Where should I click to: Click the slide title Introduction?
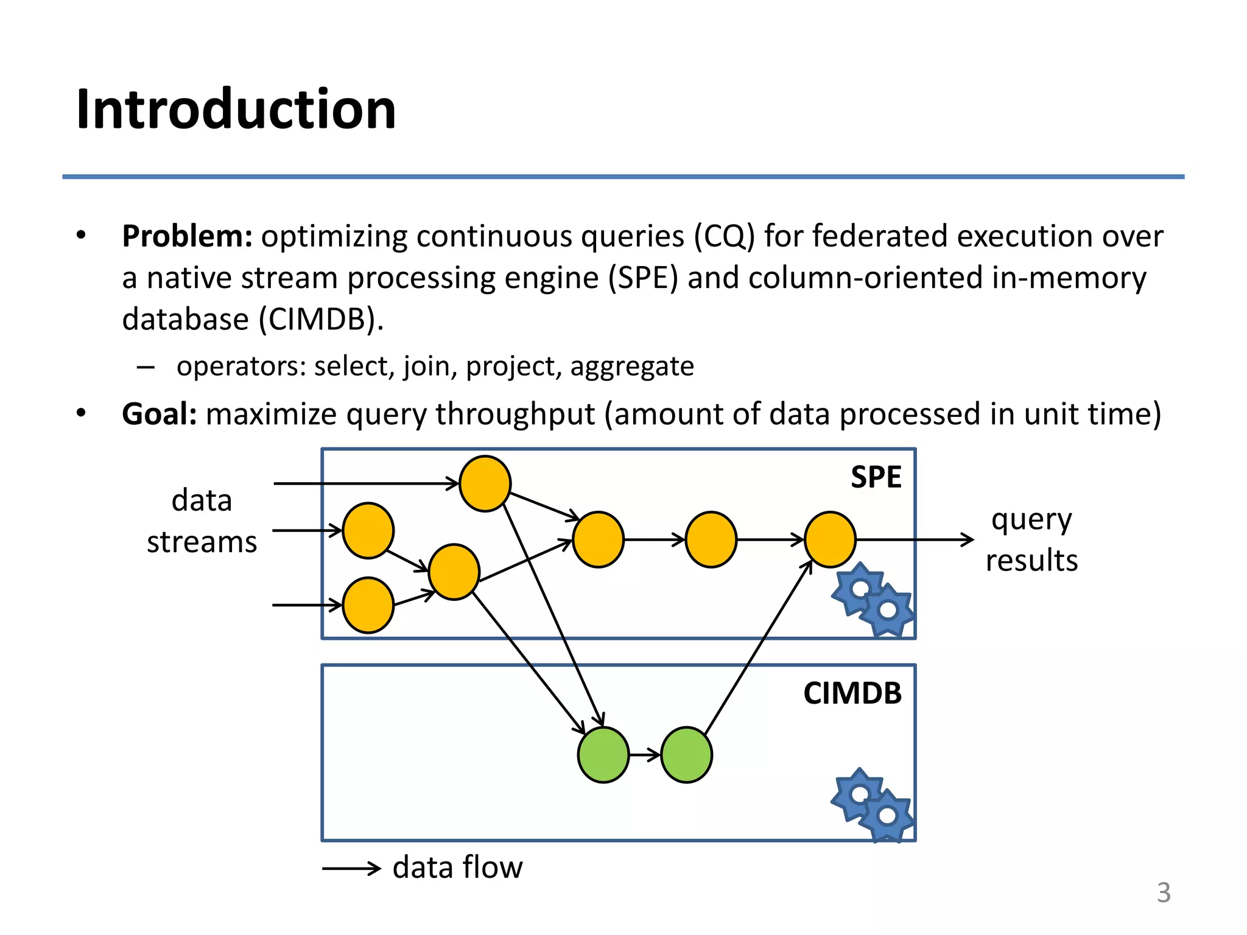click(236, 110)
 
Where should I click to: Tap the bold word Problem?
click(187, 237)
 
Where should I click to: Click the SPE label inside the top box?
click(876, 477)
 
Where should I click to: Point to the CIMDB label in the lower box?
click(852, 693)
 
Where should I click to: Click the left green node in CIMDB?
click(603, 755)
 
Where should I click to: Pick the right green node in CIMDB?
click(686, 755)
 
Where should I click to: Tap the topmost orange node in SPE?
click(485, 483)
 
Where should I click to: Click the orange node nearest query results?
click(830, 539)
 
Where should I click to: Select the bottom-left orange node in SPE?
click(368, 605)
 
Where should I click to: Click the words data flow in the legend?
click(457, 867)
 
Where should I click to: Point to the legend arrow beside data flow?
click(351, 869)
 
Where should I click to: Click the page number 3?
click(1164, 893)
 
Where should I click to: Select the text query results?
click(1031, 540)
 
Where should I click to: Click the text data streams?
click(202, 521)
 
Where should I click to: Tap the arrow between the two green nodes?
click(645, 755)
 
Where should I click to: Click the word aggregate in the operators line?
click(631, 366)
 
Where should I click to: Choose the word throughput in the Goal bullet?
click(515, 415)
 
